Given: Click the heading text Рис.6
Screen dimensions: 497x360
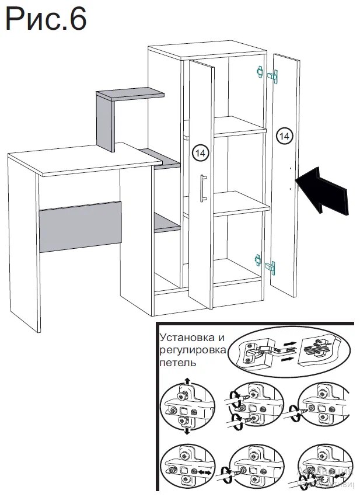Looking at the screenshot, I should point(46,19).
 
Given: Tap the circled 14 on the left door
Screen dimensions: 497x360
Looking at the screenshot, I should point(199,154).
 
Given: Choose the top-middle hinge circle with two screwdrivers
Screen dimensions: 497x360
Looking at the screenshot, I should point(253,406).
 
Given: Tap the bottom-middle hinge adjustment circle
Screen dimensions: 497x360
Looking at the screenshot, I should point(253,467).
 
